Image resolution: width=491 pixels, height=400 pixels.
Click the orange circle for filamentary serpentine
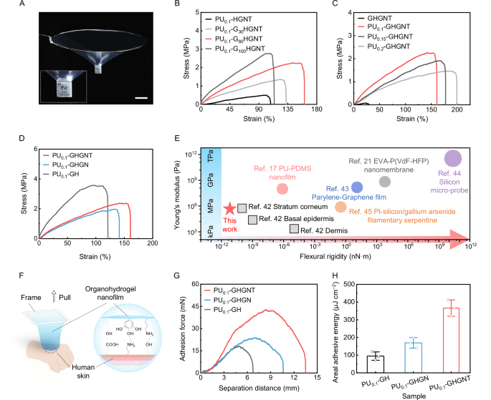click(x=340, y=207)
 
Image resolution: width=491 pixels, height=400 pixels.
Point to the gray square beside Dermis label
click(x=295, y=229)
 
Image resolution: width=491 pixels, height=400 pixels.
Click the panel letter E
click(x=170, y=142)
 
